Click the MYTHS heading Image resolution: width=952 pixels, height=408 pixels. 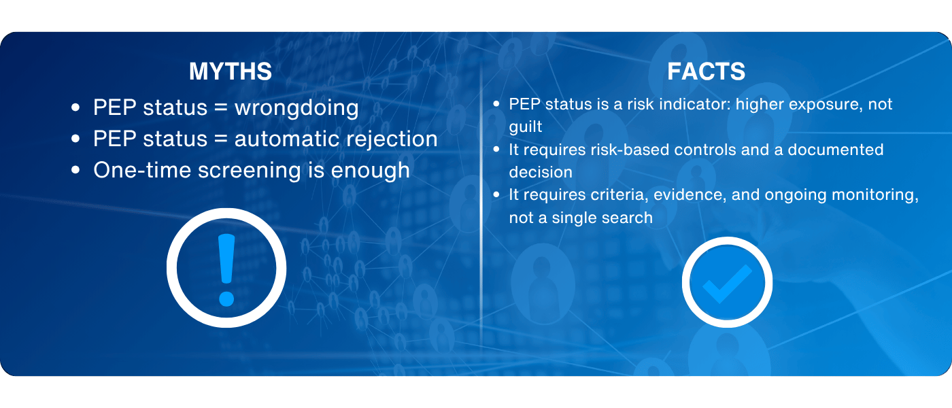[x=231, y=71]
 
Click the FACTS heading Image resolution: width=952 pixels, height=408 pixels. [x=706, y=71]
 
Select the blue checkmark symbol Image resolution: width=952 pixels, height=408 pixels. [x=727, y=283]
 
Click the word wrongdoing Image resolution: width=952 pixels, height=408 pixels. [x=296, y=108]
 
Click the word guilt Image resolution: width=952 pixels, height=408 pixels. [x=525, y=127]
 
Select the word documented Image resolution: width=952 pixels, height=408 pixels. [x=836, y=150]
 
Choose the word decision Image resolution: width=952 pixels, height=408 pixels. [x=541, y=172]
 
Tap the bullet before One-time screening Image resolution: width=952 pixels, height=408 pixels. [x=75, y=170]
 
